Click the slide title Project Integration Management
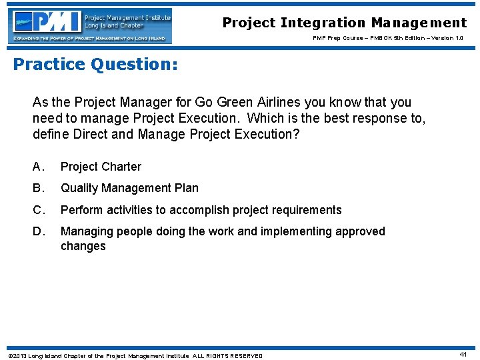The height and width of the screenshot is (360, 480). click(x=345, y=23)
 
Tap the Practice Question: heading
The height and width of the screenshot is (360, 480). click(x=95, y=64)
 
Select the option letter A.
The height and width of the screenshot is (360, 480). click(x=39, y=167)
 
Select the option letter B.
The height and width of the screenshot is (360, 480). click(x=39, y=188)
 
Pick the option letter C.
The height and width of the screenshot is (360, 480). click(x=39, y=210)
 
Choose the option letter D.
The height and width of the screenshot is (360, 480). click(x=39, y=231)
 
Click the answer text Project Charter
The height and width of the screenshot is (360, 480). click(x=101, y=167)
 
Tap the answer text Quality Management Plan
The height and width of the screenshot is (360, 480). click(x=129, y=188)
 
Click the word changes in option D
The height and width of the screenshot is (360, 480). click(x=83, y=246)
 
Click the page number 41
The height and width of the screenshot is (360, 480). click(x=463, y=355)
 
